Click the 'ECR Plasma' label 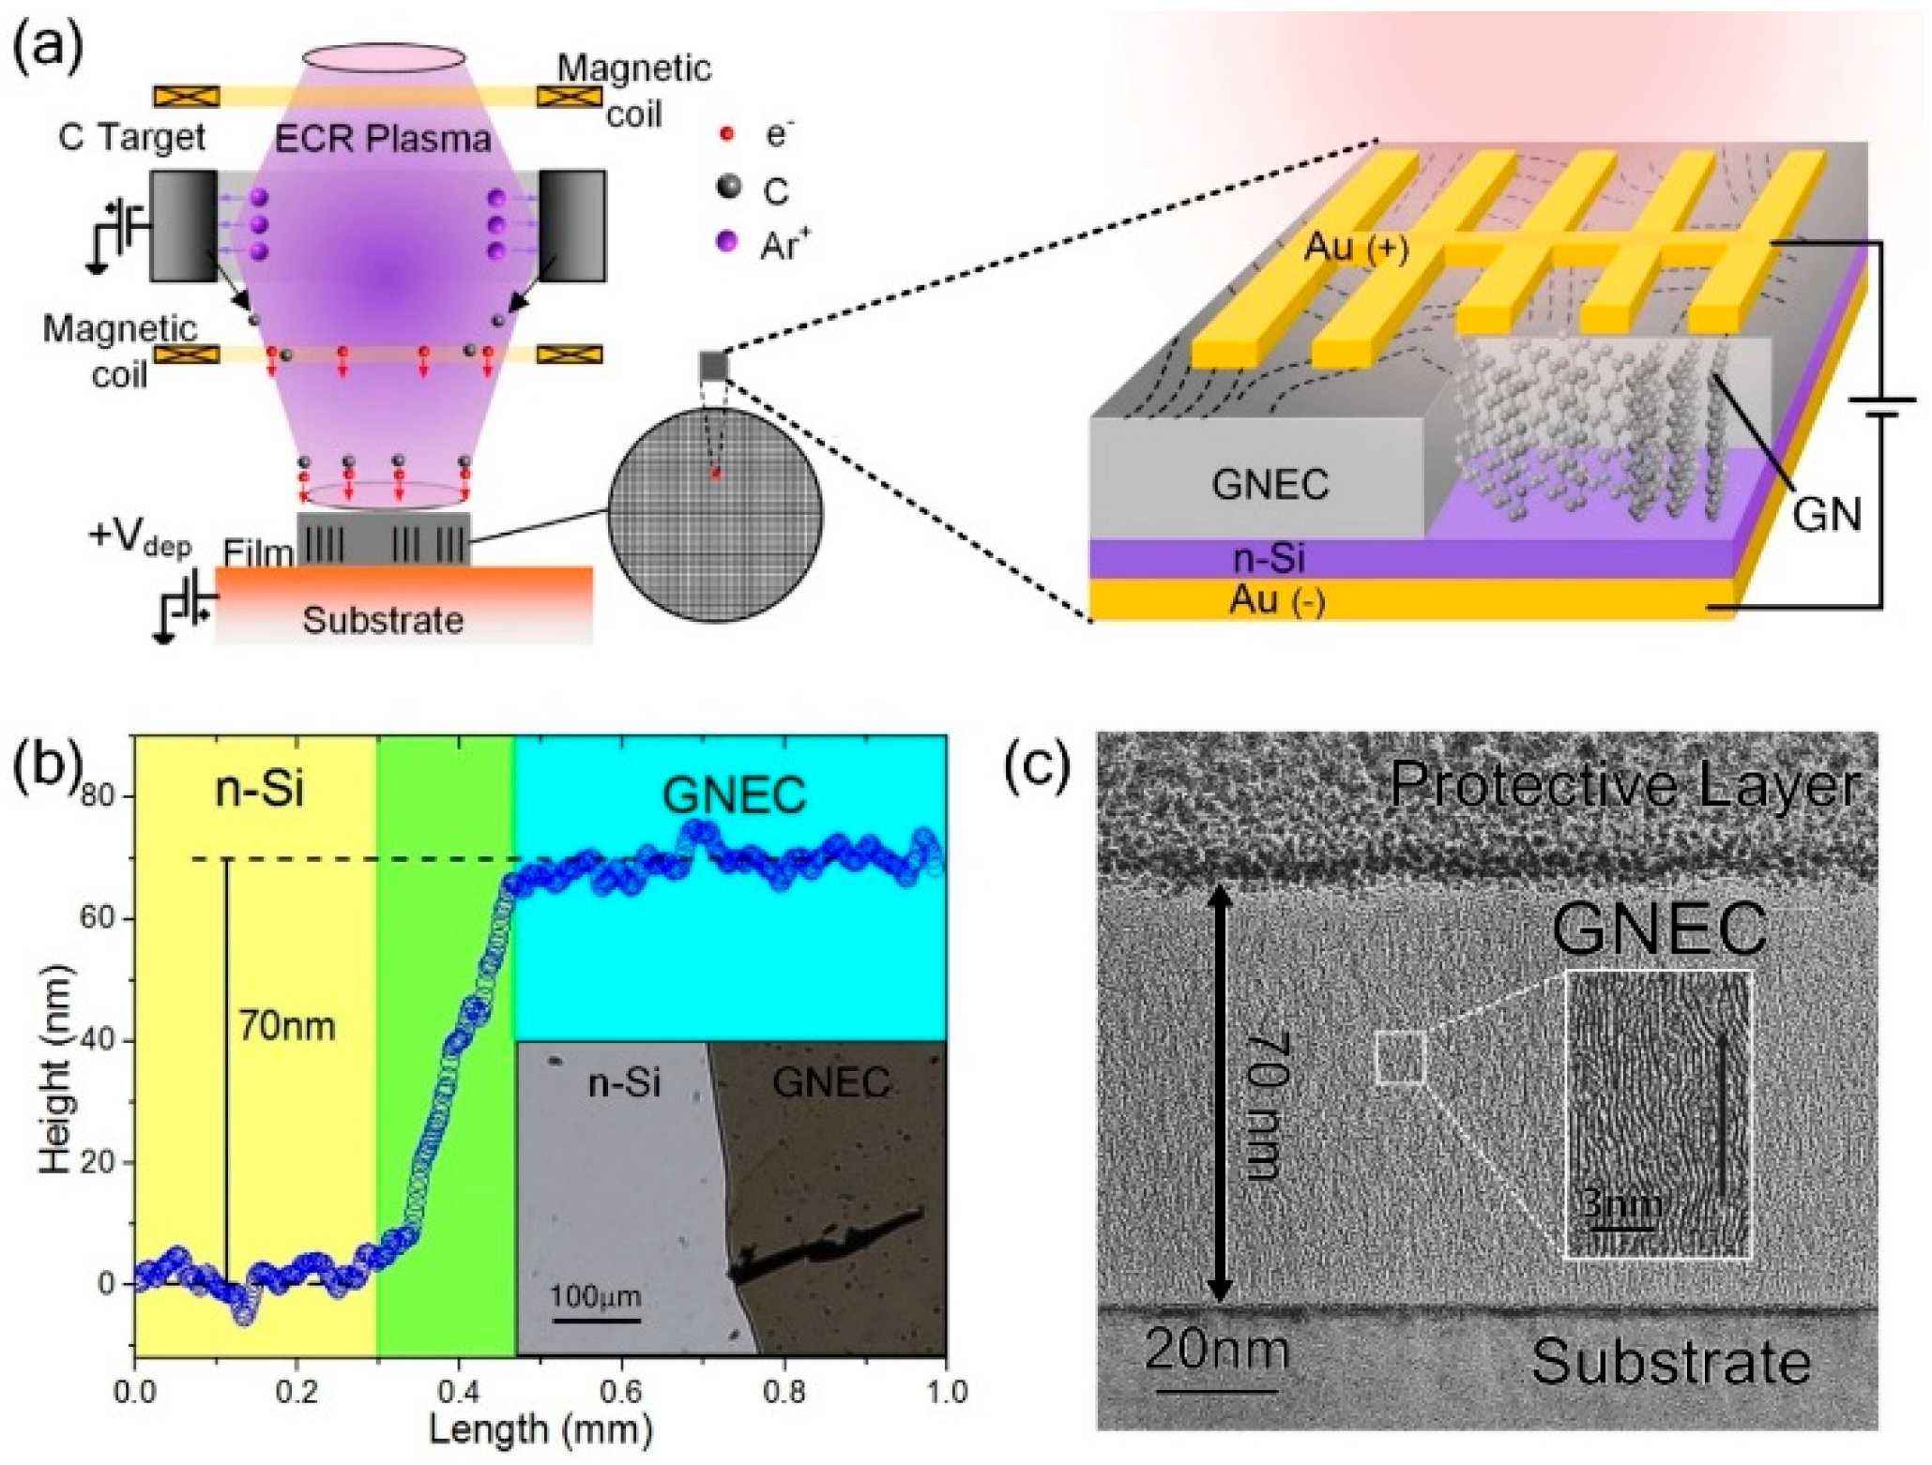pyautogui.click(x=383, y=139)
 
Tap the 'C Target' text pyautogui.click(x=131, y=138)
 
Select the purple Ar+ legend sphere pyautogui.click(x=726, y=242)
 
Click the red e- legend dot pyautogui.click(x=725, y=134)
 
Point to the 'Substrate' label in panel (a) pyautogui.click(x=383, y=620)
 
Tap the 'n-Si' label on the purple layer pyautogui.click(x=1269, y=558)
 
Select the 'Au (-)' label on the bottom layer pyautogui.click(x=1277, y=599)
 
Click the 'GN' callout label pyautogui.click(x=1826, y=514)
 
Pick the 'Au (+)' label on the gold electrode pyautogui.click(x=1356, y=249)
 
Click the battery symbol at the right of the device pyautogui.click(x=1881, y=406)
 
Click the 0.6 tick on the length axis pyautogui.click(x=621, y=1391)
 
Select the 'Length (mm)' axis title pyautogui.click(x=540, y=1430)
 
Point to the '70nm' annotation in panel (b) pyautogui.click(x=286, y=1026)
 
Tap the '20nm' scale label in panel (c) pyautogui.click(x=1217, y=1351)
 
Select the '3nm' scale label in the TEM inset pyautogui.click(x=1621, y=1204)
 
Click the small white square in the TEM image pyautogui.click(x=1400, y=1058)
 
